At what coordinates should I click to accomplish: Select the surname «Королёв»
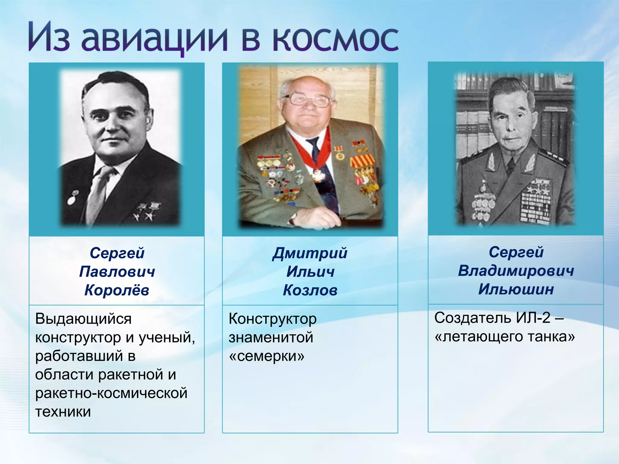[x=117, y=290]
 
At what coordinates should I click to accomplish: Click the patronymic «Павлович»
[x=117, y=272]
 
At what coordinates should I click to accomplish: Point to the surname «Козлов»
[x=310, y=290]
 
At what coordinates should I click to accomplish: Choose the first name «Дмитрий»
[x=310, y=253]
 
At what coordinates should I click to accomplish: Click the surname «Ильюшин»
[x=516, y=289]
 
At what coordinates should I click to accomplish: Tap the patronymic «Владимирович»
[x=516, y=271]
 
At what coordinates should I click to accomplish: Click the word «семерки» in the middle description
[x=267, y=356]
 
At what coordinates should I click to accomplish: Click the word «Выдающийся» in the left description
[x=83, y=319]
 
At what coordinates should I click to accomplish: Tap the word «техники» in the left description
[x=63, y=411]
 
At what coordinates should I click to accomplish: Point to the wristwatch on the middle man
[x=293, y=219]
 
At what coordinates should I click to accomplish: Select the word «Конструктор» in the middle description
[x=273, y=319]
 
